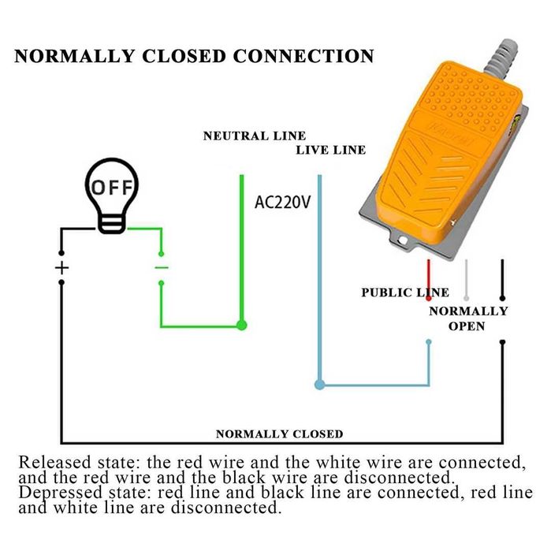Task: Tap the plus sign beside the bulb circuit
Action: [61, 268]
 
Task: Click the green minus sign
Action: [161, 268]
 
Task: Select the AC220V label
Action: [282, 202]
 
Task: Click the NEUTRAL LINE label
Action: [255, 136]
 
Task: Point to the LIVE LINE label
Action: [331, 150]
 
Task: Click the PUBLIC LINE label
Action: [405, 292]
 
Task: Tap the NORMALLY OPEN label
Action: [468, 318]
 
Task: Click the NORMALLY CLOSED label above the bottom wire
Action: [279, 434]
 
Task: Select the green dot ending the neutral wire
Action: [242, 324]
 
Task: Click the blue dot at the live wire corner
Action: [319, 385]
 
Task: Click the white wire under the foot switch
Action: [466, 280]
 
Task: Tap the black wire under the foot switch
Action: [502, 280]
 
